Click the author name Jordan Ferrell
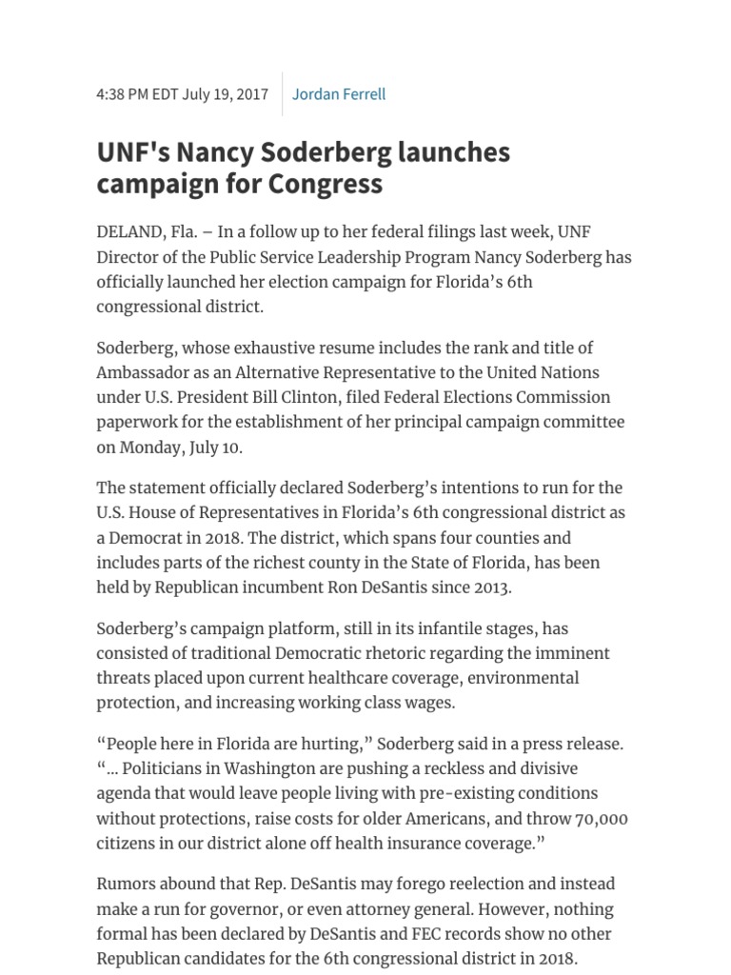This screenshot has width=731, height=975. coord(339,94)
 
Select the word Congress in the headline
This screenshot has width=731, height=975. coord(325,183)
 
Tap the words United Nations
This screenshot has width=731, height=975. coord(540,372)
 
